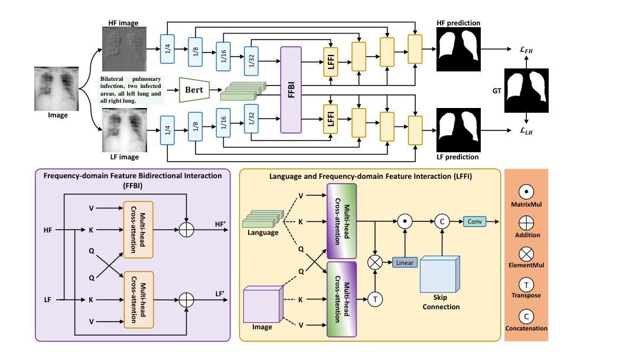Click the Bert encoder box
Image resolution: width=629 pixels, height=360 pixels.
coord(194,90)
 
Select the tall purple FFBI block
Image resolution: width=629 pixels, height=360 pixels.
coord(291,90)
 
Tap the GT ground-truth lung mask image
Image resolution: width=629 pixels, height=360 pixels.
coord(526,90)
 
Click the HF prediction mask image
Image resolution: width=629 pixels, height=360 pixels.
coord(459,50)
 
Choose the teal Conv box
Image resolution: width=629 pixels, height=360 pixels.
coord(474,222)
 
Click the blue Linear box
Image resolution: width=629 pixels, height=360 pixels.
coord(405,262)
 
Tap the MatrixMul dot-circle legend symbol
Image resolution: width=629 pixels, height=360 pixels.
coord(526,192)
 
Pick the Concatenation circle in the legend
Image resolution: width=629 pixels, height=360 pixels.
coord(526,316)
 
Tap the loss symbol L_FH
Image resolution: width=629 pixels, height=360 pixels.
coord(526,50)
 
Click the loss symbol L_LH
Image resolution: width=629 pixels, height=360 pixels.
coord(526,132)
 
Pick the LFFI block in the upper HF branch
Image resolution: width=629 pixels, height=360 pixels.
coord(330,62)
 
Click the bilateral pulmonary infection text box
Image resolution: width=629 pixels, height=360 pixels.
coord(131,90)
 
